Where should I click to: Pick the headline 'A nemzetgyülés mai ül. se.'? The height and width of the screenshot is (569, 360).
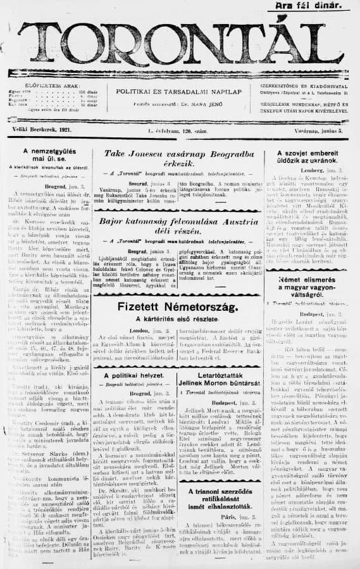tap(46, 156)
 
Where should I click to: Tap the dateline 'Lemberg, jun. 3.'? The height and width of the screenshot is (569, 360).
tap(315, 171)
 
